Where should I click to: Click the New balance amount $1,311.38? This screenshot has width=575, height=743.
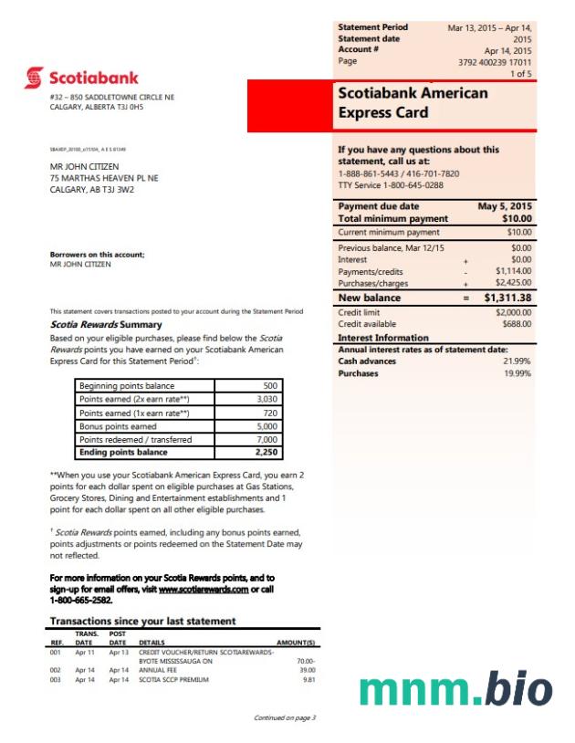pos(507,298)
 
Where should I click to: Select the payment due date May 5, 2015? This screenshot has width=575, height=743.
pos(505,206)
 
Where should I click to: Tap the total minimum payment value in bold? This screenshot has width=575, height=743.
pos(517,219)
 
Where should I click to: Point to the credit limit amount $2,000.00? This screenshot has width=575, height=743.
pos(513,312)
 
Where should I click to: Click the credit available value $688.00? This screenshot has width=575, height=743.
pos(517,324)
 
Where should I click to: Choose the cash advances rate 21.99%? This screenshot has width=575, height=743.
pos(517,361)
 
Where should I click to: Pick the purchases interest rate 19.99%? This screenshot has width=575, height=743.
pos(517,373)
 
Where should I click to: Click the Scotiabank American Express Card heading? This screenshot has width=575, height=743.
pos(413,103)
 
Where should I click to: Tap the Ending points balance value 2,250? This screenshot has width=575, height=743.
pos(267,453)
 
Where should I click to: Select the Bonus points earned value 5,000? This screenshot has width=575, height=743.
pos(267,426)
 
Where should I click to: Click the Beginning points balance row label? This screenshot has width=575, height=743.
pos(114,385)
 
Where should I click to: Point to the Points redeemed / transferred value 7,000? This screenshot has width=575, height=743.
pos(267,439)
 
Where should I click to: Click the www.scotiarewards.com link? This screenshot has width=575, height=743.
pos(203,590)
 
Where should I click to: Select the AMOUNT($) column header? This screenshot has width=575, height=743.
pos(296,643)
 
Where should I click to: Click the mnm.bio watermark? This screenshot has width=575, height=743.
pos(455,690)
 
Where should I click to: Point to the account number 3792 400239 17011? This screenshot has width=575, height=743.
pos(496,62)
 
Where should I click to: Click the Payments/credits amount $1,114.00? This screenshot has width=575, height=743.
pos(513,271)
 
